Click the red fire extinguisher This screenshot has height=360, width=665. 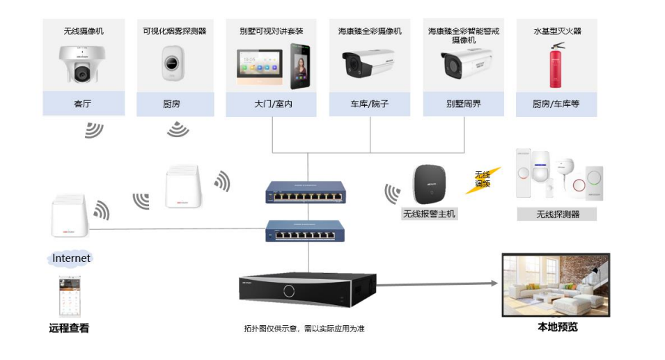tap(556, 65)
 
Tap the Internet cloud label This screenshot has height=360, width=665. tap(71, 258)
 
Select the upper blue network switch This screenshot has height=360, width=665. tap(306, 192)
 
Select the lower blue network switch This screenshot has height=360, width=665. tap(305, 230)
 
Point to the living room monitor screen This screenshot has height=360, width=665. tap(556, 285)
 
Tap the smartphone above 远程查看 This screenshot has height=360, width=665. tap(70, 297)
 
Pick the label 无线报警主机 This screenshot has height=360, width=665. tap(429, 214)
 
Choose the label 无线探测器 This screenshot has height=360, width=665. tap(557, 214)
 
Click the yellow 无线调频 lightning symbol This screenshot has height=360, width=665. tap(483, 180)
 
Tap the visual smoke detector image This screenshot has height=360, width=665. tap(173, 63)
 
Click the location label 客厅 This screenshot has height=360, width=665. tap(83, 104)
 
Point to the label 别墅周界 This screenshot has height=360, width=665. tap(464, 104)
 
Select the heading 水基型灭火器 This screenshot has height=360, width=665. tap(557, 31)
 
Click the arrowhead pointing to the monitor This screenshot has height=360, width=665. tap(494, 283)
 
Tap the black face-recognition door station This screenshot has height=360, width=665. tap(300, 66)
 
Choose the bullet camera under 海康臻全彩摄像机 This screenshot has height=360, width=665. tap(368, 63)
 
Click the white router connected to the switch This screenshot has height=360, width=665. tap(70, 215)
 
